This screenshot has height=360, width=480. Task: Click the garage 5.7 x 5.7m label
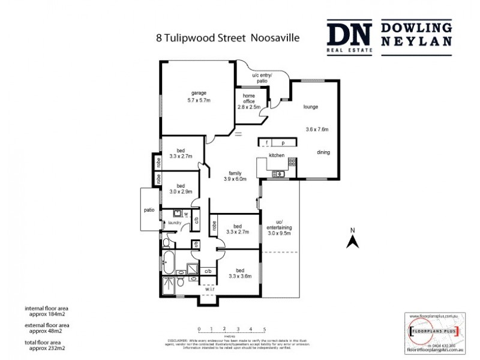coord(199,97)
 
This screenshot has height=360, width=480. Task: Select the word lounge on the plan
coord(310,107)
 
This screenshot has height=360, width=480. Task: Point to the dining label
coord(323,152)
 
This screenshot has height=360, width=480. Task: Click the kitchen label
coord(276,155)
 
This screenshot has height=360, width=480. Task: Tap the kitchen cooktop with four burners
coord(292,162)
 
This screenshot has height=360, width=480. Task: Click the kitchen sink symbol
coord(278,174)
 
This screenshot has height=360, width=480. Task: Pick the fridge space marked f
coord(265,143)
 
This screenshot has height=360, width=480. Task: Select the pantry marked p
coord(283,143)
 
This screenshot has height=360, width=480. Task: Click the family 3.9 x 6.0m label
coord(235,176)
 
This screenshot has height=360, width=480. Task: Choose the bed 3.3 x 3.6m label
coord(240,273)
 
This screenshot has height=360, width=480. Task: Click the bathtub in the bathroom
coord(169,262)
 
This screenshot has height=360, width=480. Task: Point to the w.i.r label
coord(210,289)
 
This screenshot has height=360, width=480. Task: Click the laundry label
coord(175,223)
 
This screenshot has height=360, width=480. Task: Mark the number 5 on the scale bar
coord(265,329)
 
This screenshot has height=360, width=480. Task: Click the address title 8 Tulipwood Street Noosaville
coord(227,37)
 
